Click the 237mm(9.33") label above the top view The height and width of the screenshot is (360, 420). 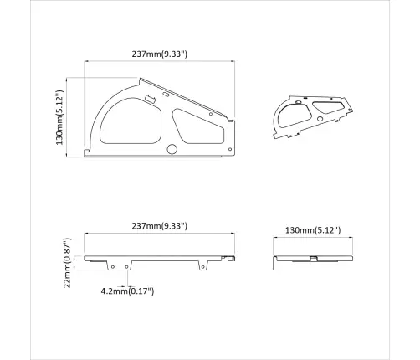[159, 54]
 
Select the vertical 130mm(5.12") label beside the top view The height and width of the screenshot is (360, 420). [59, 117]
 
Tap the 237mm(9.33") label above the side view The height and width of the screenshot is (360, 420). [159, 226]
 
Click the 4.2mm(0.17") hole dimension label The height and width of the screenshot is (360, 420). [127, 291]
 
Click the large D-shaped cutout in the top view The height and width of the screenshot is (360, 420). [126, 118]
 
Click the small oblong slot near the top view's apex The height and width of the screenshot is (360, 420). [151, 100]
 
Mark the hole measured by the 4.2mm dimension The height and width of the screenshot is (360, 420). [126, 268]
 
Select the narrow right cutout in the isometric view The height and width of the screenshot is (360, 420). [325, 108]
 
